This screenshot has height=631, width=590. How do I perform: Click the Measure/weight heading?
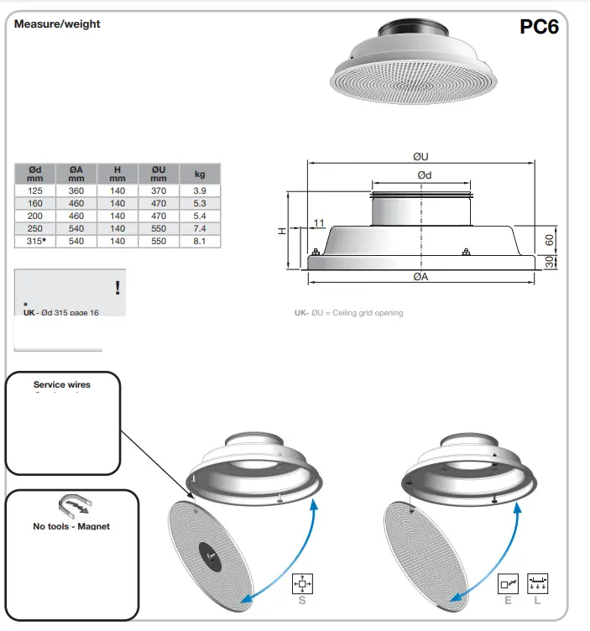pos(57,24)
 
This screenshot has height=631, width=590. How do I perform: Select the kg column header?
pos(200,174)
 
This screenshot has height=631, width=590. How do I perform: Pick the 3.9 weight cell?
pos(200,190)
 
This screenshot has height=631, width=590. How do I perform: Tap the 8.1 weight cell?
pos(200,241)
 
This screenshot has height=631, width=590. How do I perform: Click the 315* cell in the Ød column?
pos(34,241)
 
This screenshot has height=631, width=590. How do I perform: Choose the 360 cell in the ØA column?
pos(76,190)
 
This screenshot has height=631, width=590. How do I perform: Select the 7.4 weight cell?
pos(200,228)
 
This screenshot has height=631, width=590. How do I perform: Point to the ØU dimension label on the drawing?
pos(421,156)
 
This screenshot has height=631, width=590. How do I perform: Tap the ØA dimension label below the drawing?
pos(421,277)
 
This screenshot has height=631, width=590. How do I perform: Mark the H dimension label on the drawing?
pos(283,231)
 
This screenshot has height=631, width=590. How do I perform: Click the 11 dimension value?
pos(319,222)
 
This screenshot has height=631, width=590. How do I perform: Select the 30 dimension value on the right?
pos(550,262)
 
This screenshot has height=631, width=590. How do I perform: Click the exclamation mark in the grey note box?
pos(117,288)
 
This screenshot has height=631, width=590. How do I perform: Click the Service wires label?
pos(62,384)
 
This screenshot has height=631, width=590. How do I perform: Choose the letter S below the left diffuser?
pos(302,601)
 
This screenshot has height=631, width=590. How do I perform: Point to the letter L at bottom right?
pos(537,601)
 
